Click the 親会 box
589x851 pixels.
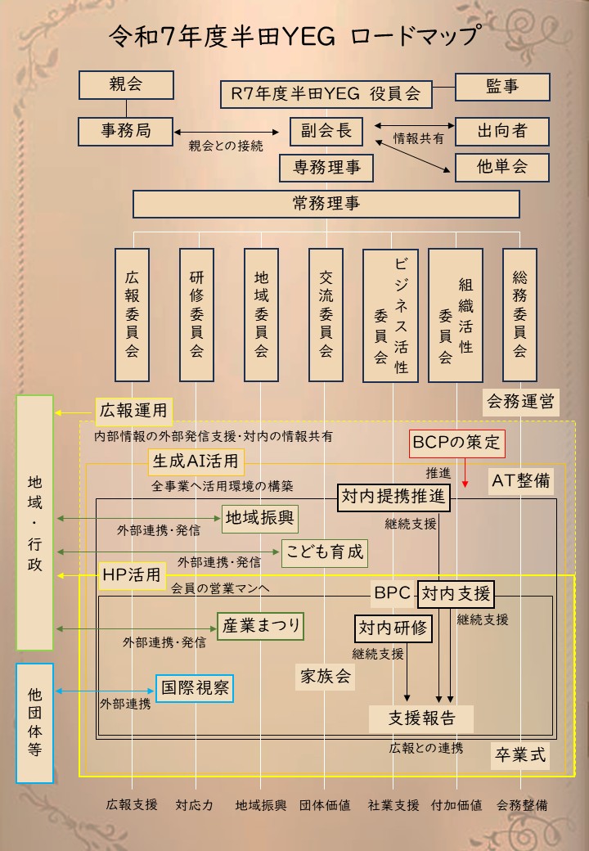126,84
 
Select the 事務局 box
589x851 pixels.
126,130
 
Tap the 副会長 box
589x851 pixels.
326,131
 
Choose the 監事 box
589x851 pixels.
501,87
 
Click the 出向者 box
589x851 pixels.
501,131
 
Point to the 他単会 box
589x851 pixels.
501,167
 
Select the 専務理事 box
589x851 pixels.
326,168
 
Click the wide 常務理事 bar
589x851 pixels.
326,204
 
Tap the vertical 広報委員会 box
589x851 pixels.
132,315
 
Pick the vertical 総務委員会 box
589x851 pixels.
519,315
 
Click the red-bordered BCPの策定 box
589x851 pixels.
456,443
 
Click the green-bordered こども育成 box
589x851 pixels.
324,552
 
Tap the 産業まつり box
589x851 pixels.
261,627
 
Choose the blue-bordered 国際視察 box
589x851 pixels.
195,687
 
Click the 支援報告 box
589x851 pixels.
421,718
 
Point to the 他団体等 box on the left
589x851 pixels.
34,723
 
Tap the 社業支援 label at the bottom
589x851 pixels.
393,805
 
